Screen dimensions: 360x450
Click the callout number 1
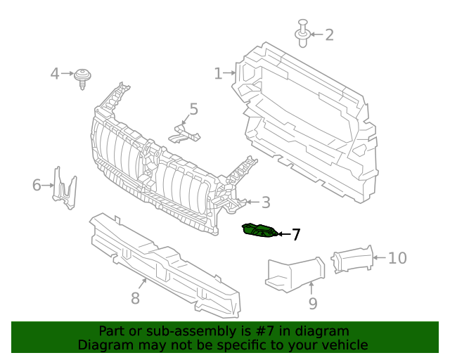(x=218, y=73)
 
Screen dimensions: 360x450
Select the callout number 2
(x=328, y=34)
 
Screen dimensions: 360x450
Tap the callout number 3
(x=265, y=203)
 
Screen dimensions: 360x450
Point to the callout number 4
(x=55, y=73)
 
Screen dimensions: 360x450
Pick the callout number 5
(x=193, y=110)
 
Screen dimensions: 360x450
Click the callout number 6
(x=37, y=186)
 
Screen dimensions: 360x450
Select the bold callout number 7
(x=296, y=235)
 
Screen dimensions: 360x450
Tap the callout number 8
(x=135, y=298)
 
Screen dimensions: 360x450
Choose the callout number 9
(x=312, y=303)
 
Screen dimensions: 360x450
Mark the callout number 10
(x=397, y=258)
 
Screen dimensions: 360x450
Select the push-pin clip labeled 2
(x=302, y=34)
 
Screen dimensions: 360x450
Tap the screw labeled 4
(x=84, y=77)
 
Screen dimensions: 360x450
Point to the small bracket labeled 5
(x=184, y=132)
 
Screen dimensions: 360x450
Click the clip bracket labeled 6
(x=65, y=188)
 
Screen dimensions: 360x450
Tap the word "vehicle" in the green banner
(x=343, y=345)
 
